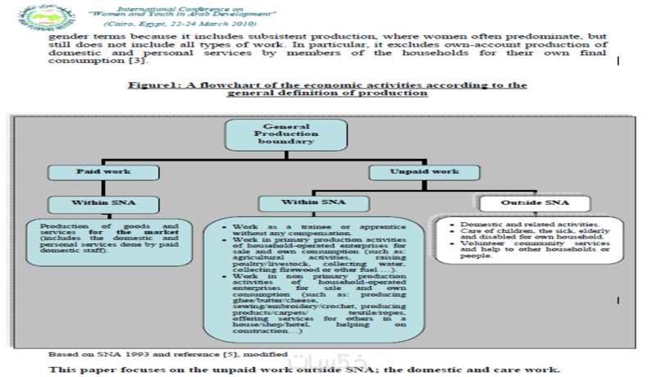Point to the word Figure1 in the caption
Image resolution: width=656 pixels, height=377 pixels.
[x=148, y=85]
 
